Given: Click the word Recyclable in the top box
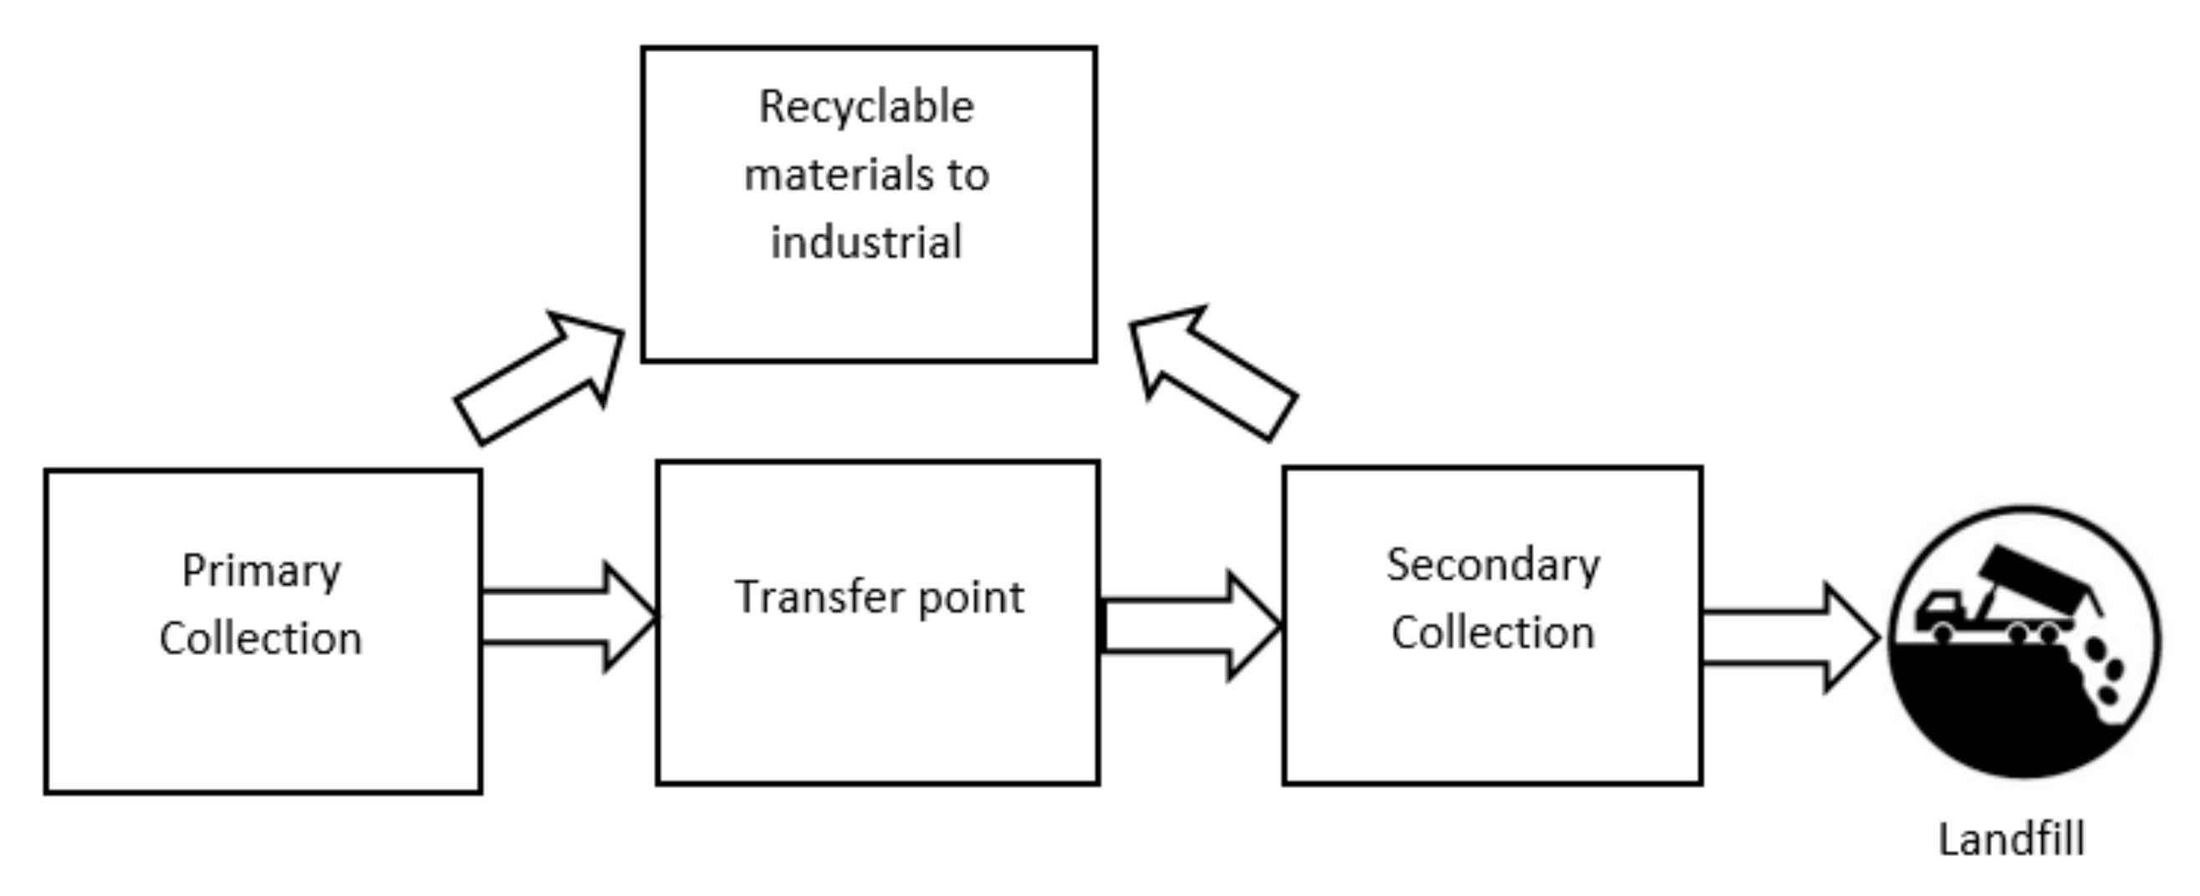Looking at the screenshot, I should (866, 108).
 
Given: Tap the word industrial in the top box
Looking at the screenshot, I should (866, 242).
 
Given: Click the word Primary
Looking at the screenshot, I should (262, 571).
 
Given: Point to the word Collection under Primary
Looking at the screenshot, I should (261, 639).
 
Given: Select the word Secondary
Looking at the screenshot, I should (1493, 566).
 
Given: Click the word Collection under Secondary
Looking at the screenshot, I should (1493, 633).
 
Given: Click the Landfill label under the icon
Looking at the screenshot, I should (2011, 839).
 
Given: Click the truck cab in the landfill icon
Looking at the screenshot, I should (1938, 610).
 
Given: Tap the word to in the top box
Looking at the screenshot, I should (967, 175).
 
